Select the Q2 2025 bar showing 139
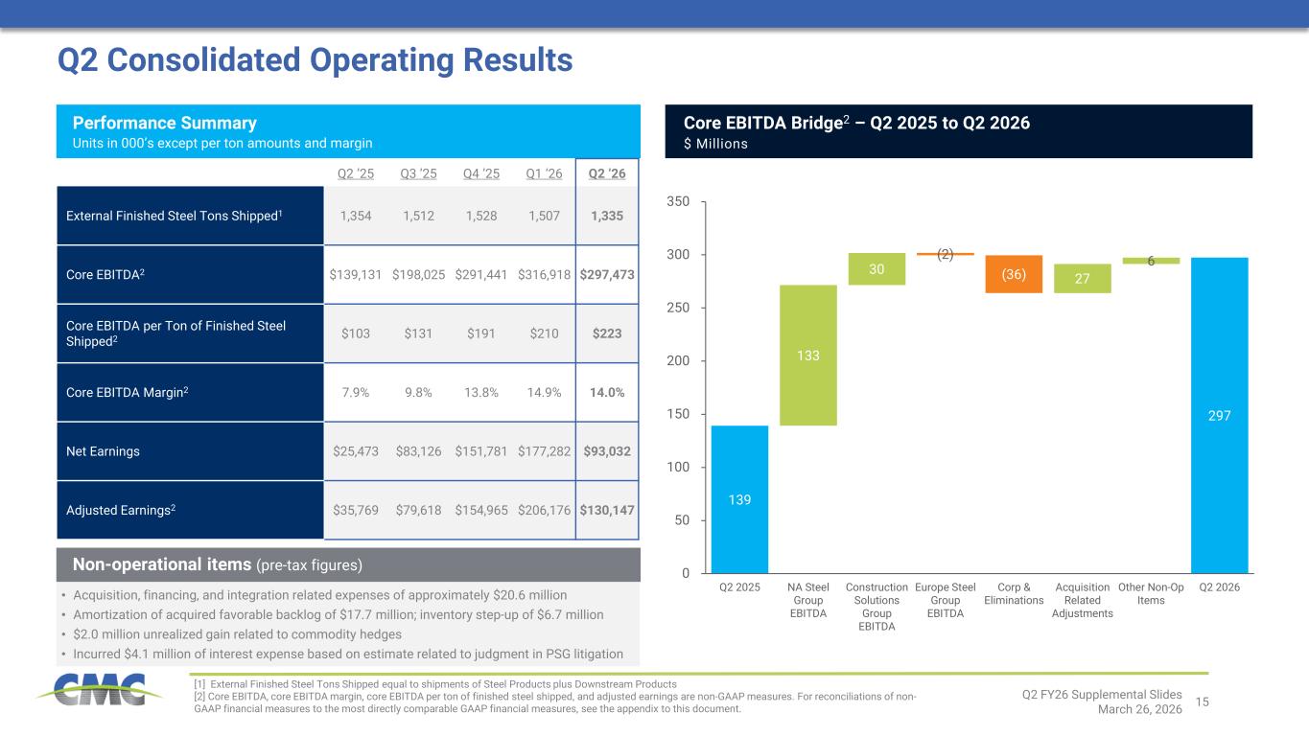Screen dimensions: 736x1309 click(x=739, y=498)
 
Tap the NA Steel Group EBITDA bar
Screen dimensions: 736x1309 click(x=808, y=355)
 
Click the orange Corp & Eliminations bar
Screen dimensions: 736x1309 click(x=1015, y=273)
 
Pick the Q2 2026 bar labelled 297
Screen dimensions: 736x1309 click(x=1219, y=415)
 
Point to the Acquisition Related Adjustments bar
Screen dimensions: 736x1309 click(x=1083, y=278)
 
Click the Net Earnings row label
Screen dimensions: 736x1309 click(x=103, y=451)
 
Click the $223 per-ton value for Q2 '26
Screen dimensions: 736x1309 click(x=606, y=333)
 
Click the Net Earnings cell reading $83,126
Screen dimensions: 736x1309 click(x=419, y=451)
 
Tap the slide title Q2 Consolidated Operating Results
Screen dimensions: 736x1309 click(x=316, y=60)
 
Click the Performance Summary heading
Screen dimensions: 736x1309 click(x=165, y=124)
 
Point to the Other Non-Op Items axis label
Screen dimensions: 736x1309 click(x=1151, y=593)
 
